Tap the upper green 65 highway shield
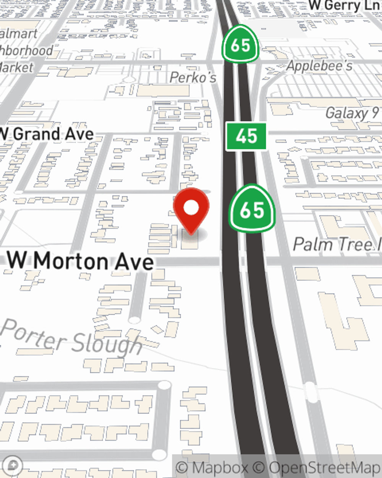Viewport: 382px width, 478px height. point(240,45)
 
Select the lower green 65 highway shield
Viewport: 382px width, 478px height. point(252,210)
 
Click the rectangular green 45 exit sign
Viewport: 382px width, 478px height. point(246,136)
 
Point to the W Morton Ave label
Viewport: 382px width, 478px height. point(81,261)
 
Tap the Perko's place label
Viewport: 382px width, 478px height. point(193,78)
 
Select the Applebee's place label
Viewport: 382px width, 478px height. point(320,66)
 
